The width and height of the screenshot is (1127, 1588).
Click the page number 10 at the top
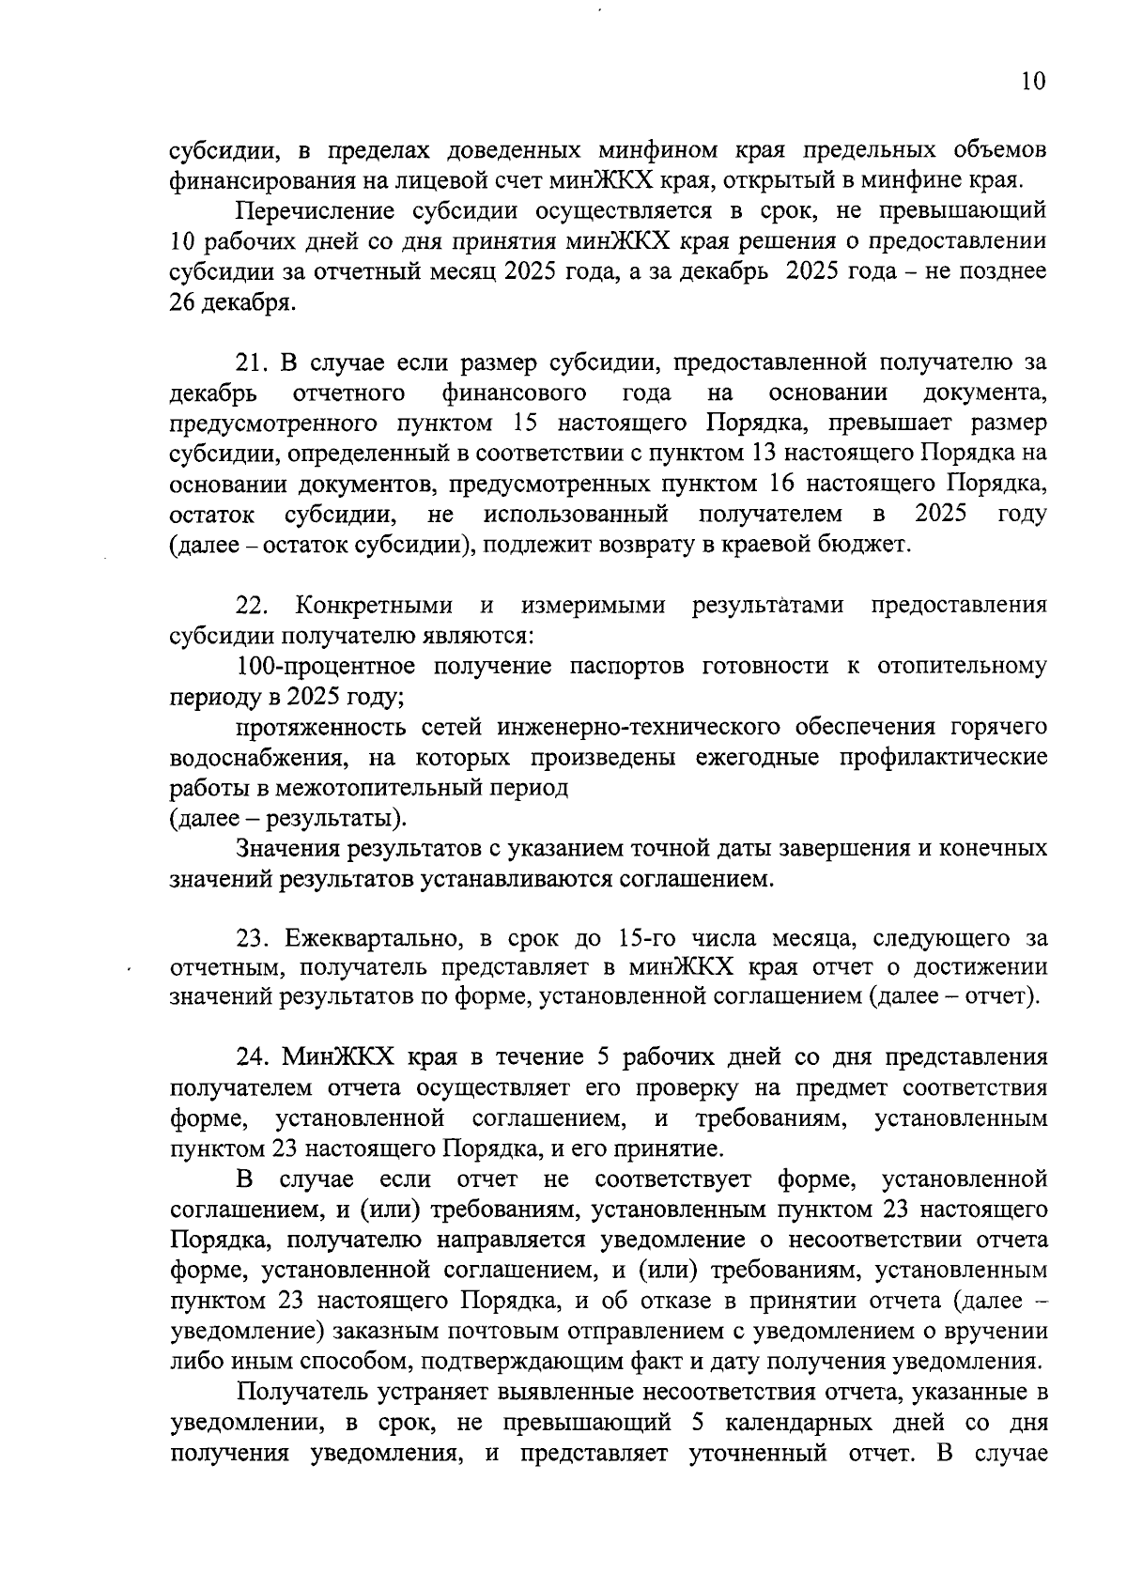click(1031, 82)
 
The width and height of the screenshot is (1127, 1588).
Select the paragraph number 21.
click(252, 362)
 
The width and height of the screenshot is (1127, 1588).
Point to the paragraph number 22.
click(253, 606)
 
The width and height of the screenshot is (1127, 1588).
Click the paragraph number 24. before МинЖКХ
click(252, 1057)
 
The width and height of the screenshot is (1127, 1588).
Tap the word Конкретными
click(374, 606)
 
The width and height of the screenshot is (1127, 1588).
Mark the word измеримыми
click(593, 606)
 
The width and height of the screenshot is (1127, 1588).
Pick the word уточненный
click(758, 1453)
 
